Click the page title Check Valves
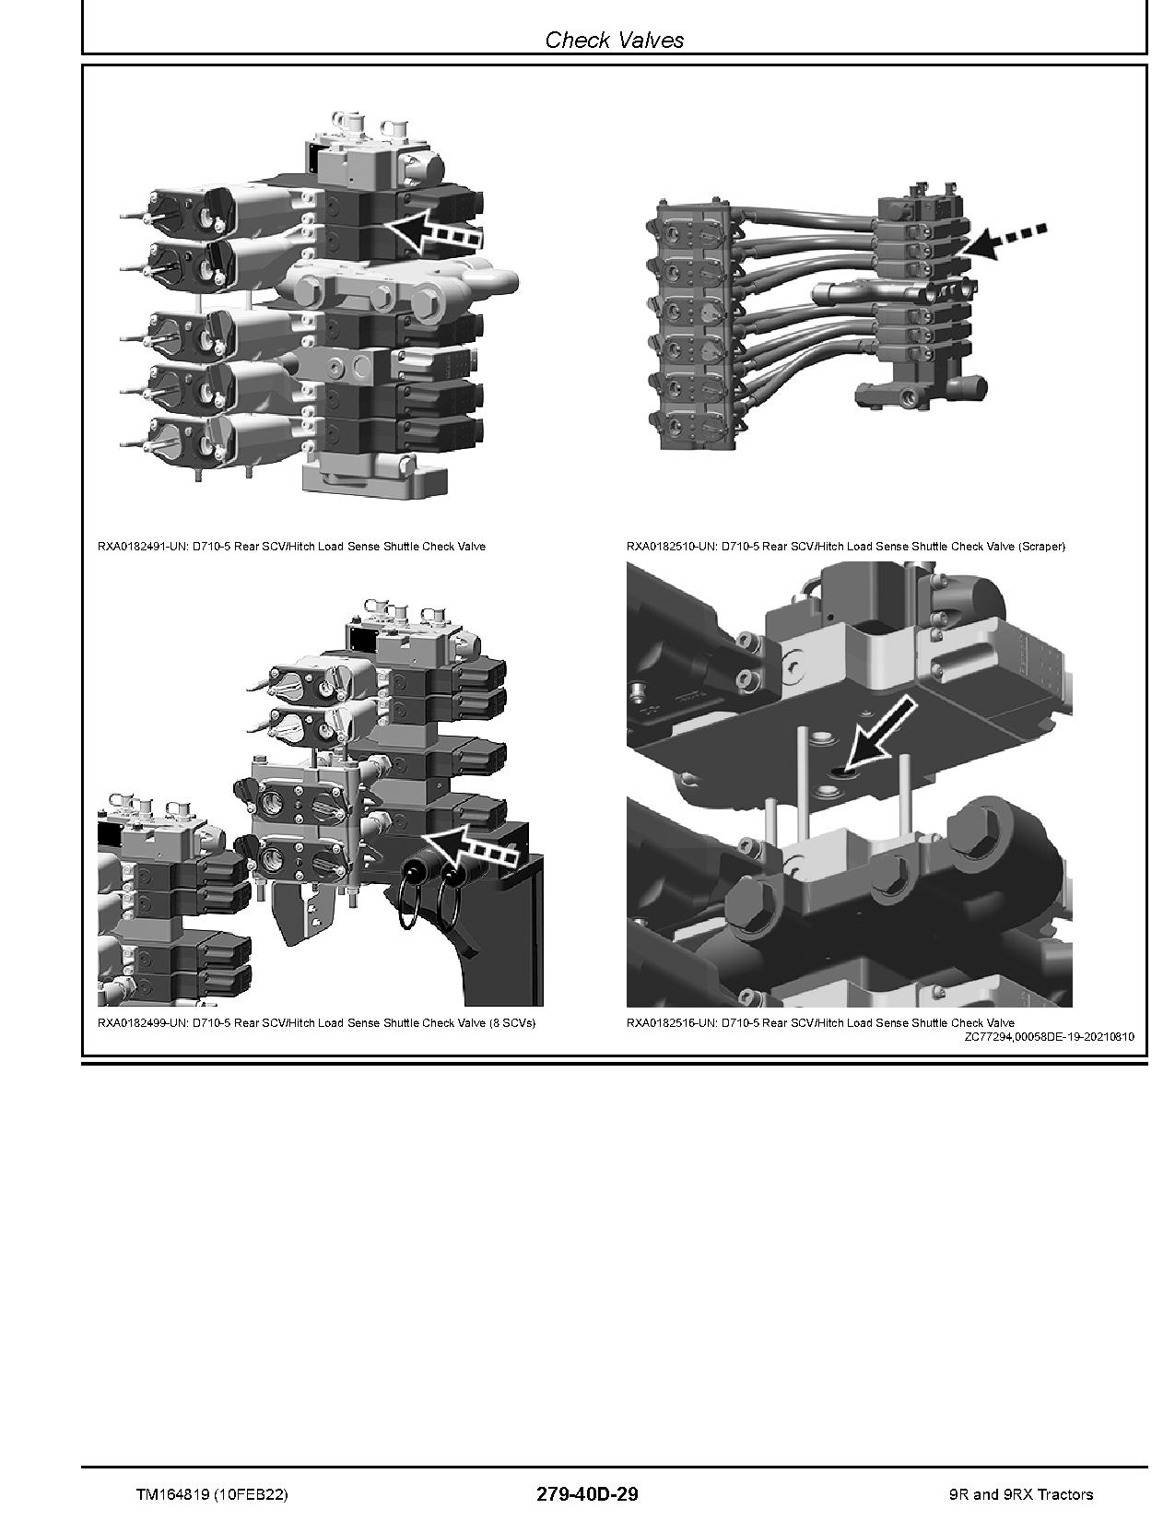(614, 40)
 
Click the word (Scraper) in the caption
(1041, 547)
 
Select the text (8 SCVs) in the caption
(512, 1023)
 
